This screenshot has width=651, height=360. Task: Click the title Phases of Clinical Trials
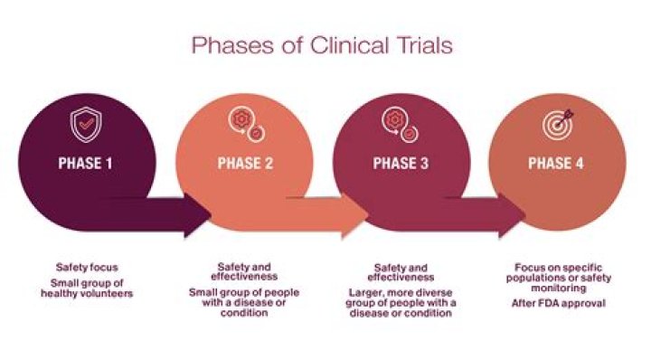tap(325, 44)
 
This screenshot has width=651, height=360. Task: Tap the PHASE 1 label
tap(86, 164)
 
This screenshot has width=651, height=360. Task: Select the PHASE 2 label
tap(243, 164)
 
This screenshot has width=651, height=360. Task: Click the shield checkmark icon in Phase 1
tap(85, 126)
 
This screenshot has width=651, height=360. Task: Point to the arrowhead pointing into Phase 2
tap(198, 214)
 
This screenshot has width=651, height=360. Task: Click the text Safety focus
tap(87, 268)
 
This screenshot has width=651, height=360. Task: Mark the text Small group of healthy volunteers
tap(87, 287)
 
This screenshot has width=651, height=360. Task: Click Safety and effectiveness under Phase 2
tap(243, 272)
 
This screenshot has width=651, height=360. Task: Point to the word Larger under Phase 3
tap(368, 293)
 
